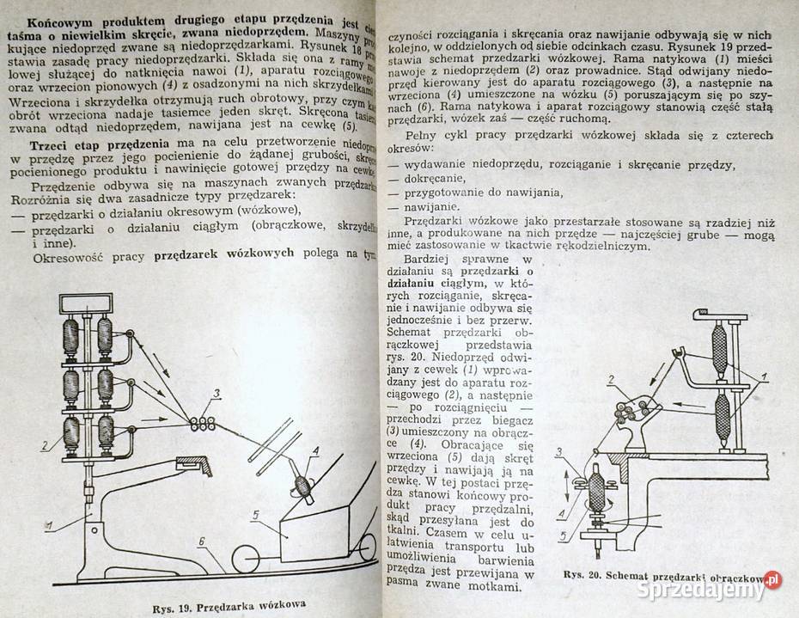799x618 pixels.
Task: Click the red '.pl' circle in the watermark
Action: pos(772,579)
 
